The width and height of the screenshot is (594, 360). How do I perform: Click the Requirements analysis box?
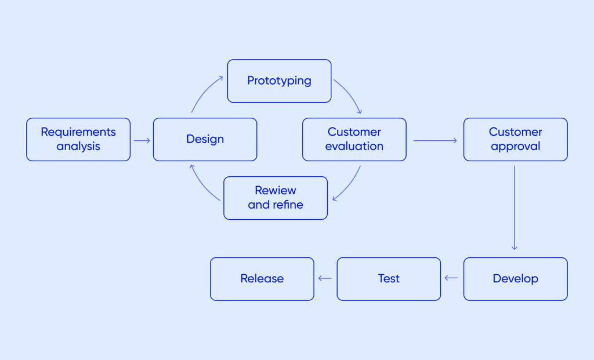(78, 140)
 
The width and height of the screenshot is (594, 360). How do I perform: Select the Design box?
(205, 140)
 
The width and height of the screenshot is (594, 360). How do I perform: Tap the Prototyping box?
(279, 81)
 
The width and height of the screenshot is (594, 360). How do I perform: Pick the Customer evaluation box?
(354, 140)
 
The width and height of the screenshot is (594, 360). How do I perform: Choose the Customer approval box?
(515, 140)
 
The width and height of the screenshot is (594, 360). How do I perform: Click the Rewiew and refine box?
(276, 198)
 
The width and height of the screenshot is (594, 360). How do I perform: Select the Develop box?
(515, 279)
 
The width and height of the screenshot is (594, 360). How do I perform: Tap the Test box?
(389, 279)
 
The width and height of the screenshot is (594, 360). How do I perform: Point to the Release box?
(262, 279)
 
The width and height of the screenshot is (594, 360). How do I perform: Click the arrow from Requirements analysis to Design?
(142, 140)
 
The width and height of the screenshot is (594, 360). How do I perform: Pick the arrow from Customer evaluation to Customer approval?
(435, 140)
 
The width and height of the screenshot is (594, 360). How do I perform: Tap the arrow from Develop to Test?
(451, 278)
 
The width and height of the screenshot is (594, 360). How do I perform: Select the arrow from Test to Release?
(325, 278)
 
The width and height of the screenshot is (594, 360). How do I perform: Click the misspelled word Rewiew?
(276, 191)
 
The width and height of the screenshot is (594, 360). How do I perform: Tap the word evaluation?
(354, 147)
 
